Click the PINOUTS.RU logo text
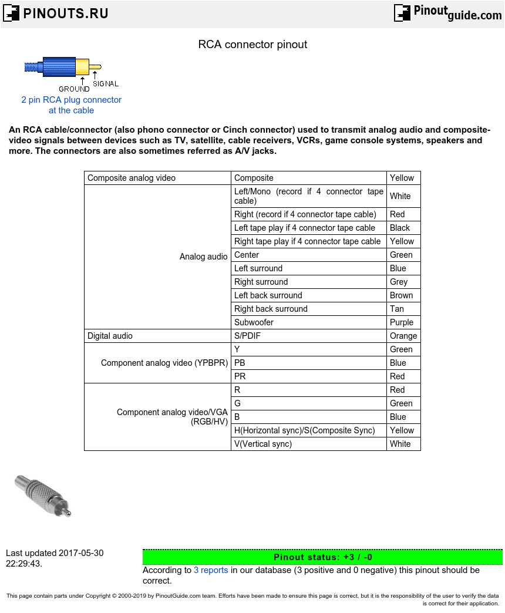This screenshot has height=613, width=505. pos(65,14)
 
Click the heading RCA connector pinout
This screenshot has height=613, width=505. pos(253,45)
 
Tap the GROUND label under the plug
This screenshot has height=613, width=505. pos(74,89)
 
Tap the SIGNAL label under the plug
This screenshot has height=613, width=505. pos(106,84)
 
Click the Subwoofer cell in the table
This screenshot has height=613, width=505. pos(254,322)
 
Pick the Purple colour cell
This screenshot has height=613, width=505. pos(402,322)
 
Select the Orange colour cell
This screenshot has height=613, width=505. pos(403,336)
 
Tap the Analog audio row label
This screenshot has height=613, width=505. pos(203,257)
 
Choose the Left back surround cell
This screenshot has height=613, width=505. pos(268,295)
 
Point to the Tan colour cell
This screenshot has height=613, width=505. pos(397,309)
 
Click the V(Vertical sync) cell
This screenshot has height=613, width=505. pos(262,444)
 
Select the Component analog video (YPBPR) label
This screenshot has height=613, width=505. pos(164,363)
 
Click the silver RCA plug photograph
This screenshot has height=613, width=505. pos(43,495)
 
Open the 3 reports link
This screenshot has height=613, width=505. pos(211,570)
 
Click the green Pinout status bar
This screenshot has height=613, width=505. pos(322,557)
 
